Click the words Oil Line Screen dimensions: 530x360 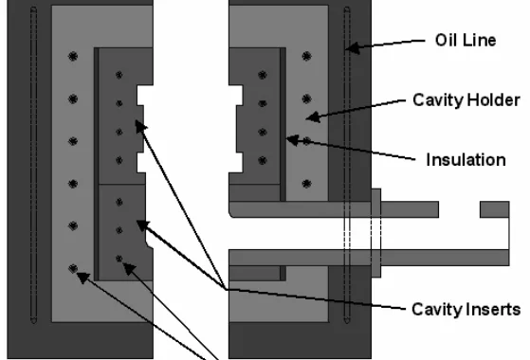click(x=466, y=40)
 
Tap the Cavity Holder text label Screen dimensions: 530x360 click(x=466, y=100)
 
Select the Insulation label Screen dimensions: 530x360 click(x=466, y=160)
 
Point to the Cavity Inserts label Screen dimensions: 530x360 click(x=466, y=310)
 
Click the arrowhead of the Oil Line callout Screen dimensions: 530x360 click(x=352, y=47)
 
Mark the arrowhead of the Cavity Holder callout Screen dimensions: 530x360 click(x=313, y=117)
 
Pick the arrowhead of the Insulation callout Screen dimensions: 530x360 click(x=293, y=140)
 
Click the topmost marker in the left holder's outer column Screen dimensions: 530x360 click(x=73, y=57)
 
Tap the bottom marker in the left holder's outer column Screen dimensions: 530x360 click(x=73, y=269)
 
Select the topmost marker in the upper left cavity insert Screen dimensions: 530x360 click(x=119, y=75)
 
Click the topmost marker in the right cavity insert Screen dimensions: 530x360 click(x=263, y=75)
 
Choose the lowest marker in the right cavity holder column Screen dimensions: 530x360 click(x=306, y=184)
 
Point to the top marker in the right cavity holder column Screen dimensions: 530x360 click(x=306, y=57)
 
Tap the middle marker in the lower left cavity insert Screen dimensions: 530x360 click(x=119, y=230)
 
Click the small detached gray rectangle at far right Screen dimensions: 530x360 click(x=495, y=209)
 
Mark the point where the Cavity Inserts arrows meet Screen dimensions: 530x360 click(x=226, y=289)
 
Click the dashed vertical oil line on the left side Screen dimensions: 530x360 click(x=33, y=165)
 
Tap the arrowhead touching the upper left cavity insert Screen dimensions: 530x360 click(x=141, y=127)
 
